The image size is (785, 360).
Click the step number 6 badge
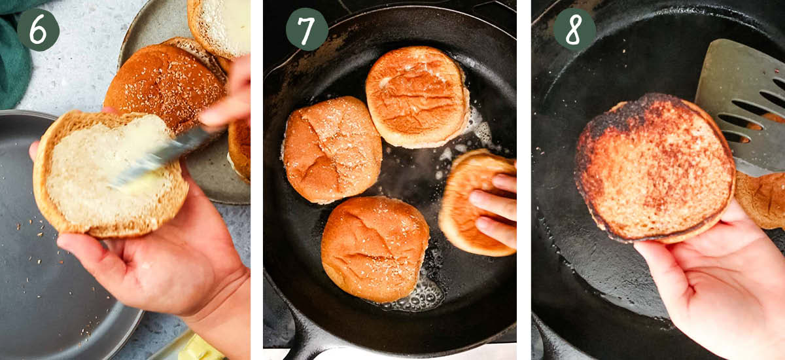point(38,29)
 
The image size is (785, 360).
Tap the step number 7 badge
point(307,29)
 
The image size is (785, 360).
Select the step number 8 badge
point(574,29)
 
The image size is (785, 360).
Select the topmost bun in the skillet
point(417,96)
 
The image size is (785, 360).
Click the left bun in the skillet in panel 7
point(332,149)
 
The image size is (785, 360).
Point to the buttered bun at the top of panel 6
point(219,26)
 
